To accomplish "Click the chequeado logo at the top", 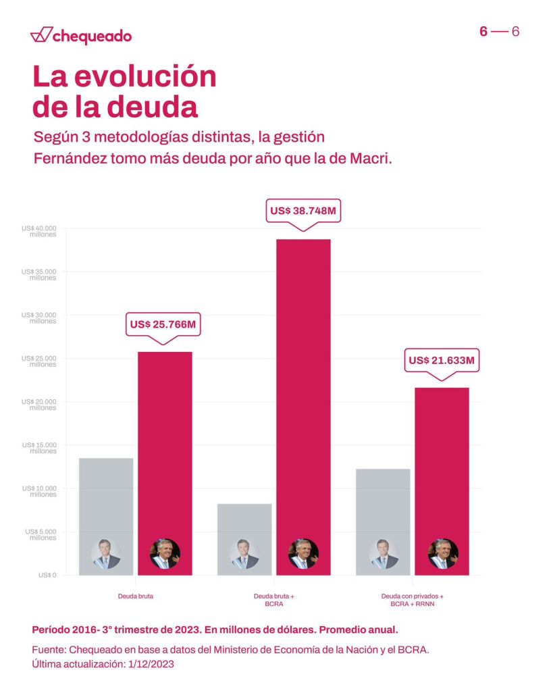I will tap(81, 36).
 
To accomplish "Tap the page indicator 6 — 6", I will tap(499, 32).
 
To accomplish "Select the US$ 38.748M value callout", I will tap(302, 211).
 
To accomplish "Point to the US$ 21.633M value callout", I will tap(442, 361).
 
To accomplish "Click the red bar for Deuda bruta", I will tap(165, 439).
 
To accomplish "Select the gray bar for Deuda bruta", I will tap(106, 493).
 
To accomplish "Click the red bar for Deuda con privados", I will tap(442, 459).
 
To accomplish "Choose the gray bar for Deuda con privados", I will tap(383, 500).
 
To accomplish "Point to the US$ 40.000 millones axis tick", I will tap(39, 231).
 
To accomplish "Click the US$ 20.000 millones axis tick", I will tap(39, 405).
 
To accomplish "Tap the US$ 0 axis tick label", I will tap(47, 575).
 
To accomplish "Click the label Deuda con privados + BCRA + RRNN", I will tap(412, 600).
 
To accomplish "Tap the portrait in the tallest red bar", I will tap(303, 554).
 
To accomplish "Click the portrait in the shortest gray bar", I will tap(244, 554).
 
